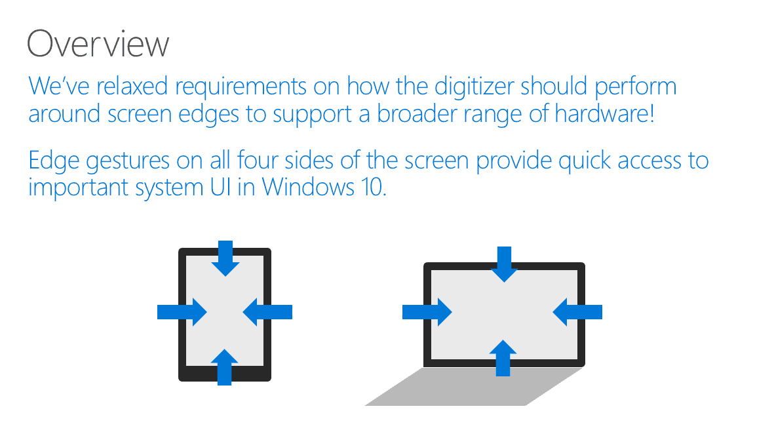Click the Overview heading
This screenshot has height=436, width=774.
click(98, 43)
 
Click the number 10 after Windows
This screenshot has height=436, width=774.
click(373, 187)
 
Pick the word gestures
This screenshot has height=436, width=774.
click(127, 162)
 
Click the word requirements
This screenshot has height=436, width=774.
click(241, 87)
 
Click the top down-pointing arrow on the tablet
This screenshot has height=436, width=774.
click(225, 258)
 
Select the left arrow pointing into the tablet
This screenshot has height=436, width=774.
click(182, 312)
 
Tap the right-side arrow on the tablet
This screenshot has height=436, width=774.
click(267, 312)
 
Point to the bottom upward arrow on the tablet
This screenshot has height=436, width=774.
click(225, 367)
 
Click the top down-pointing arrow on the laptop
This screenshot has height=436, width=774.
click(504, 264)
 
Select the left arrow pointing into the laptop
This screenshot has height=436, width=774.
click(427, 312)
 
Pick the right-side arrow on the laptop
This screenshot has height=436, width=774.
click(577, 312)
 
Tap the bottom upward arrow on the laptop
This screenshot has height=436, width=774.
click(503, 358)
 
